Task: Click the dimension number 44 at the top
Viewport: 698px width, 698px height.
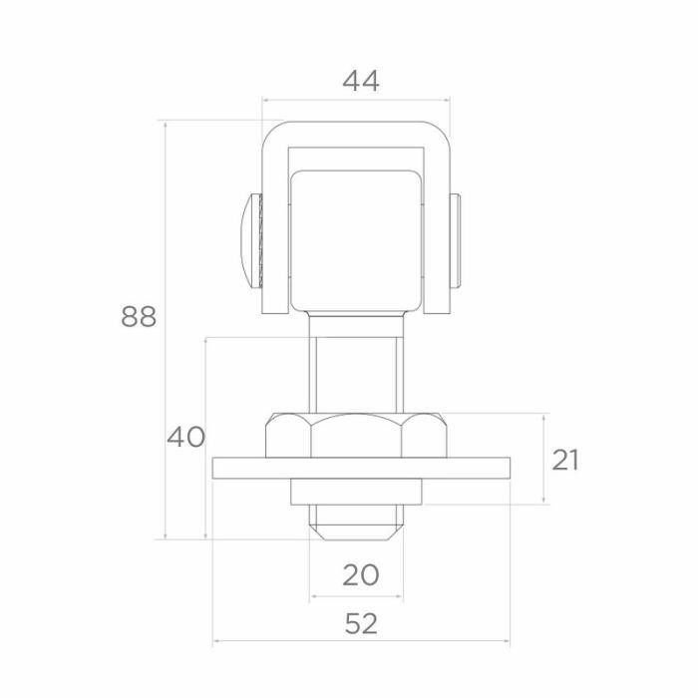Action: coord(361,82)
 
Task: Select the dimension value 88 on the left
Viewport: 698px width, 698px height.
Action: coord(139,316)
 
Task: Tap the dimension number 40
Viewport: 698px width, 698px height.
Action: coord(186,437)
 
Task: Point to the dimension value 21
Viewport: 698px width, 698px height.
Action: coord(565,460)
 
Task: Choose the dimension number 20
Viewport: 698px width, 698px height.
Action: coord(361,574)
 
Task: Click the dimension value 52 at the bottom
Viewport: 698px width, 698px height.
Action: coord(361,623)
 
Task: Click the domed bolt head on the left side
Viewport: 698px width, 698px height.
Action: coord(251,240)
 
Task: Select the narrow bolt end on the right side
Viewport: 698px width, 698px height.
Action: coord(455,240)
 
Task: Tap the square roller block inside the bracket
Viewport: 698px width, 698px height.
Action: coord(356,241)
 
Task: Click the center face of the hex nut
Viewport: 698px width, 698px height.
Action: coord(356,437)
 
